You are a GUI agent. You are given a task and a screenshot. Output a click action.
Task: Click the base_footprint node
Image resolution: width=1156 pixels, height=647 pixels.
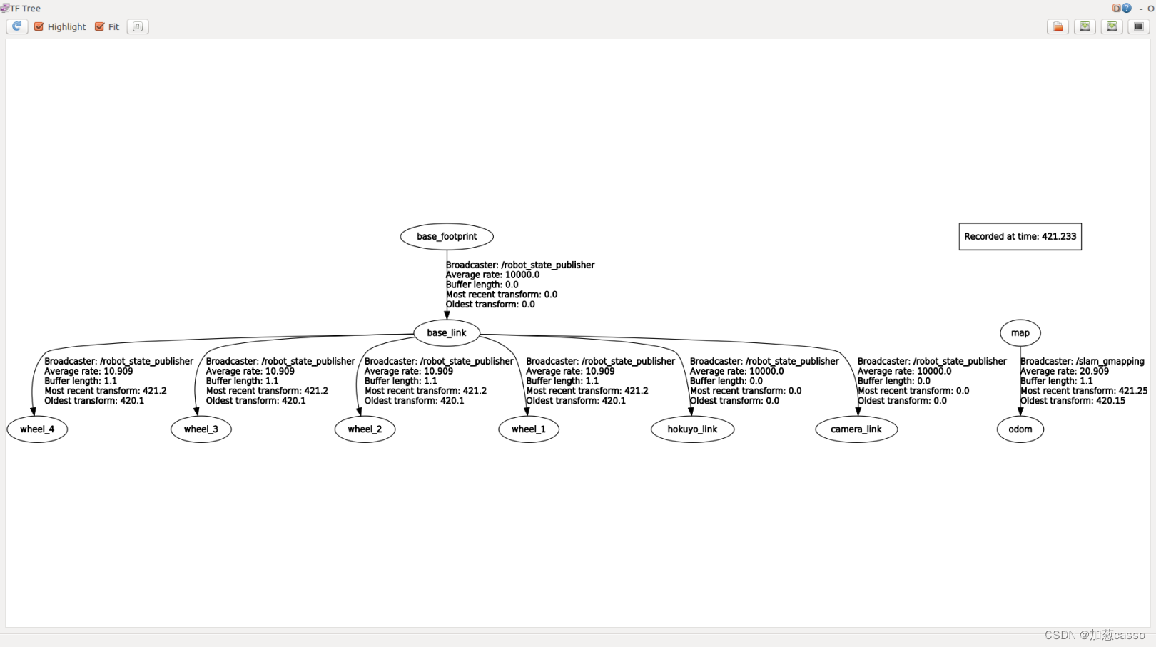coord(447,236)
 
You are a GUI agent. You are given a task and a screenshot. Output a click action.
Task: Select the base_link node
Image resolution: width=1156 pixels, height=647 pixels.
coord(447,332)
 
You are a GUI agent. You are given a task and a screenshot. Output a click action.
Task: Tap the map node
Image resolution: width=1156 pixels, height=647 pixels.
coord(1020,332)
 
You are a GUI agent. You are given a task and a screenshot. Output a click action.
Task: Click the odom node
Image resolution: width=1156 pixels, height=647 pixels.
coord(1020,429)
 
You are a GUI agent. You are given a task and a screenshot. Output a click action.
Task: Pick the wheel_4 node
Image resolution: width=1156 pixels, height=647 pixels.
coord(37,429)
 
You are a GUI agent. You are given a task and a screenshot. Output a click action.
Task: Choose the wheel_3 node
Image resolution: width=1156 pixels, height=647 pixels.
coord(201,429)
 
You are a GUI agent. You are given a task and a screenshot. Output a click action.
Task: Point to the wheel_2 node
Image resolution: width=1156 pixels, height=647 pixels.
coord(365,429)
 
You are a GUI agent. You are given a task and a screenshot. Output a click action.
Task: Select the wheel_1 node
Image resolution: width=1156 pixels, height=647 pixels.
coord(529,429)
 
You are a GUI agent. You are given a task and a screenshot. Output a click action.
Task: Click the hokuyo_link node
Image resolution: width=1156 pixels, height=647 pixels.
coord(692,429)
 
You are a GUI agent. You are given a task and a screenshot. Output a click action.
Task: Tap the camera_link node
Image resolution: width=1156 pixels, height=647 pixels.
coord(856,429)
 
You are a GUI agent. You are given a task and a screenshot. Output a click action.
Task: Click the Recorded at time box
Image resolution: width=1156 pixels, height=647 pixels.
coord(1020,236)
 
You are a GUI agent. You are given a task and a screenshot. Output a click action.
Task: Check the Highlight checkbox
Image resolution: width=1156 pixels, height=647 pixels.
coord(39,26)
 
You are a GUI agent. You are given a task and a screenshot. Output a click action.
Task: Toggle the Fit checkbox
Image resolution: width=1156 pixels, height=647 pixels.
coord(100,26)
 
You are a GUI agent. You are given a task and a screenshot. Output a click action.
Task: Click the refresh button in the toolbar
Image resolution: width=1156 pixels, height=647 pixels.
coord(17,26)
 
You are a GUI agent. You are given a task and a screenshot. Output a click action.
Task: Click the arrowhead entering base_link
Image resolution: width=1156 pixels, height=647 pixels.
coord(447,315)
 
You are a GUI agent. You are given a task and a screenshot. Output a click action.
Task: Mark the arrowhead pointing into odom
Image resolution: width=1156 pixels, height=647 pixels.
coord(1020,411)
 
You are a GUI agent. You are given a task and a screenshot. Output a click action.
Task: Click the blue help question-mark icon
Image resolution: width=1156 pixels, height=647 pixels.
coord(1126,8)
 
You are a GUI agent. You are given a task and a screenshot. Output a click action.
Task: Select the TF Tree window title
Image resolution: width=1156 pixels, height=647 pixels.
coord(25,9)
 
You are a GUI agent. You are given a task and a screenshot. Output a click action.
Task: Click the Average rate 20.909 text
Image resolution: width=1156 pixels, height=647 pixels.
coord(1064,371)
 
